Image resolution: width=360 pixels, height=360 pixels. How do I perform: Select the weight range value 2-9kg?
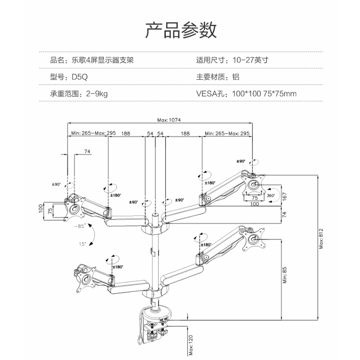94,94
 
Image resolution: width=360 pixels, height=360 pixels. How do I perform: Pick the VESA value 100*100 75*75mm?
264,94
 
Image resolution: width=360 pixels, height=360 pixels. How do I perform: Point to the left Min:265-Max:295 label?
94,134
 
